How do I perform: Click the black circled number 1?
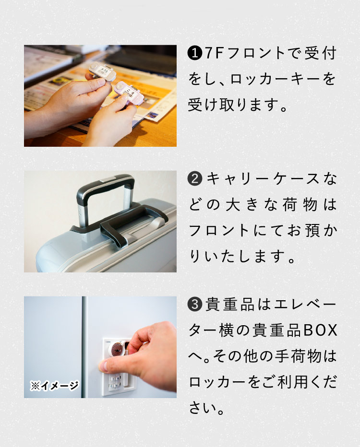pos(194,53)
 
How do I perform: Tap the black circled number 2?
pos(195,179)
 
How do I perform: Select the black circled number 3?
pos(195,304)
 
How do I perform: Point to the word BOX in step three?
pos(320,330)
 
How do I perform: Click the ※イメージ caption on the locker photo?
pos(55,386)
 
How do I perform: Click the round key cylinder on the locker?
pos(117,349)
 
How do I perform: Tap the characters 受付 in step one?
pos(320,53)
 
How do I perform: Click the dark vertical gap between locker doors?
pos(84,347)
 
